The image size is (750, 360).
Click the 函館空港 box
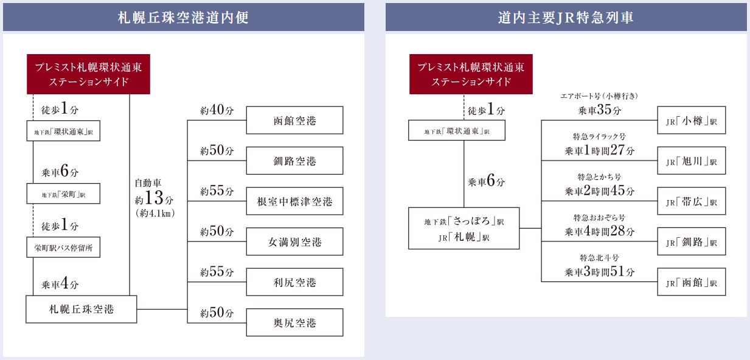[294, 120]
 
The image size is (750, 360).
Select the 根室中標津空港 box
[294, 201]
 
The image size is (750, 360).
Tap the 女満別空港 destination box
[294, 241]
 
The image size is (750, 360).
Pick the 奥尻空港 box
[294, 322]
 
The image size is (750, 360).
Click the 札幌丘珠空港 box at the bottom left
[81, 310]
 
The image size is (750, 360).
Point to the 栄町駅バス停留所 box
[63, 247]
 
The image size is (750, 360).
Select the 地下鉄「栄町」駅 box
[63, 194]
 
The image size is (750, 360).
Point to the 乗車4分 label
[60, 284]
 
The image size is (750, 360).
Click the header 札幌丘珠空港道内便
[183, 17]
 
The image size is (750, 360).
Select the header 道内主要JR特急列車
[566, 17]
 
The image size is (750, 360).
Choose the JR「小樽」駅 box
[691, 120]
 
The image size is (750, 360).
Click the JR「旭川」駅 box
[691, 161]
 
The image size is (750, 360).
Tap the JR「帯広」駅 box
[691, 201]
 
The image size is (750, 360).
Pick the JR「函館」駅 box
[691, 282]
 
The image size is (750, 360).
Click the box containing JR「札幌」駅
[464, 229]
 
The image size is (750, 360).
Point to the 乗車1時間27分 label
[599, 151]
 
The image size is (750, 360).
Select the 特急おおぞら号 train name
[599, 218]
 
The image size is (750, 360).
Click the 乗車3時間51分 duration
[599, 272]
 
